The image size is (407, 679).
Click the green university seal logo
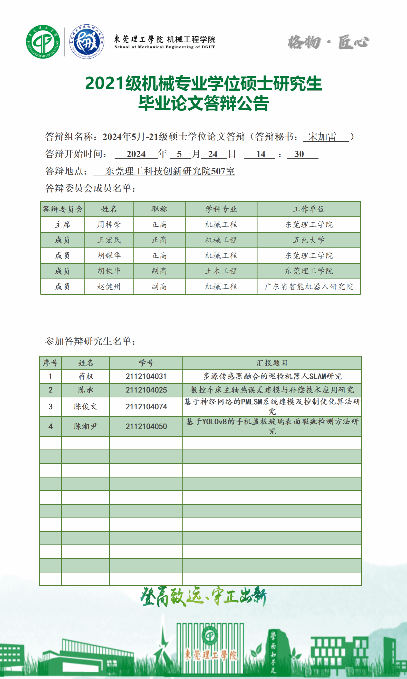tap(43, 42)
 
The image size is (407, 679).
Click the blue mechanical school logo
tap(87, 42)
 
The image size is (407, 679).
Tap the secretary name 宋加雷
tap(322, 137)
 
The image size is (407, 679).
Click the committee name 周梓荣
tap(109, 225)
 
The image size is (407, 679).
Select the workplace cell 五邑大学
tap(308, 240)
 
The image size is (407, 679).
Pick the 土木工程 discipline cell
tap(221, 271)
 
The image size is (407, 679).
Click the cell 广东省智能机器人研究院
tap(308, 287)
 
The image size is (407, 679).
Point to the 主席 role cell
tap(63, 225)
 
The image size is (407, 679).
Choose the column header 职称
tap(159, 209)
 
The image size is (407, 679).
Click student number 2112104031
tap(146, 376)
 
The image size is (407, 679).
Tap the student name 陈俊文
tap(85, 407)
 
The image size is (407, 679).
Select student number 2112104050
tap(146, 426)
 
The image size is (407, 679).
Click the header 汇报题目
tap(272, 363)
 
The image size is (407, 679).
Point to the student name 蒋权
tap(85, 376)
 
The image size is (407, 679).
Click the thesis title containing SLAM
tap(272, 376)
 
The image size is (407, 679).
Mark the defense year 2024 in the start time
tap(136, 154)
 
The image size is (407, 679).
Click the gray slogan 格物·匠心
tap(328, 42)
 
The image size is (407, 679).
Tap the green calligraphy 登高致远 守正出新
tap(203, 597)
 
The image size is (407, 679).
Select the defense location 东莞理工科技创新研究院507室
tap(170, 171)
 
